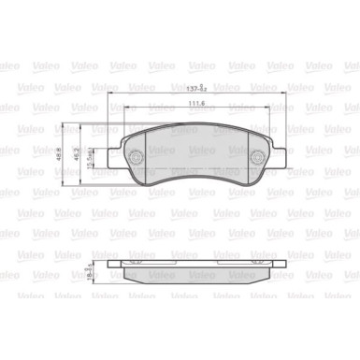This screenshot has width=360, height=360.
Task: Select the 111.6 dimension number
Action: [194, 104]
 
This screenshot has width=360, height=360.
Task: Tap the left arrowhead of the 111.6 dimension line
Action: [126, 110]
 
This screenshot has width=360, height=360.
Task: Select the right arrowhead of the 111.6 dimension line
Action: [263, 110]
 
